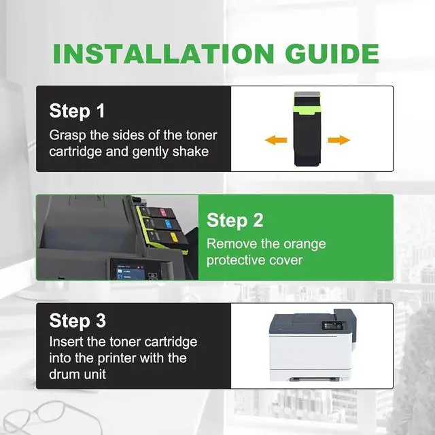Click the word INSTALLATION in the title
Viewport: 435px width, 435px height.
pos(164,54)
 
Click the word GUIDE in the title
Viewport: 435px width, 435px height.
pos(332,54)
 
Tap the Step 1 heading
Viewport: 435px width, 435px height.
pos(77,111)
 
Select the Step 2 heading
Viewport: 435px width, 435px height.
pos(234,221)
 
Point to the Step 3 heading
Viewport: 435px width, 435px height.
pos(77,321)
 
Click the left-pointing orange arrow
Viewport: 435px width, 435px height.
pos(276,140)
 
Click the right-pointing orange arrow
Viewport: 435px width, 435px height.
pos(338,140)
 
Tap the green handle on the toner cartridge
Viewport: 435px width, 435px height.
pos(307,110)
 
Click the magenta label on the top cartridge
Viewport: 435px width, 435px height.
pos(163,213)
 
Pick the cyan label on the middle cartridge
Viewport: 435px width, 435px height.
pos(168,224)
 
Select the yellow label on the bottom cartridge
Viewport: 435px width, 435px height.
pos(174,237)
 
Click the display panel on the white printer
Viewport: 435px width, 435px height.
pos(332,326)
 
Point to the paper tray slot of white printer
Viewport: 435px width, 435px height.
pos(314,379)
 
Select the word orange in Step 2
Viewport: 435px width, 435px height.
pos(304,245)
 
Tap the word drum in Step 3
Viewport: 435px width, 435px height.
pos(64,375)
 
